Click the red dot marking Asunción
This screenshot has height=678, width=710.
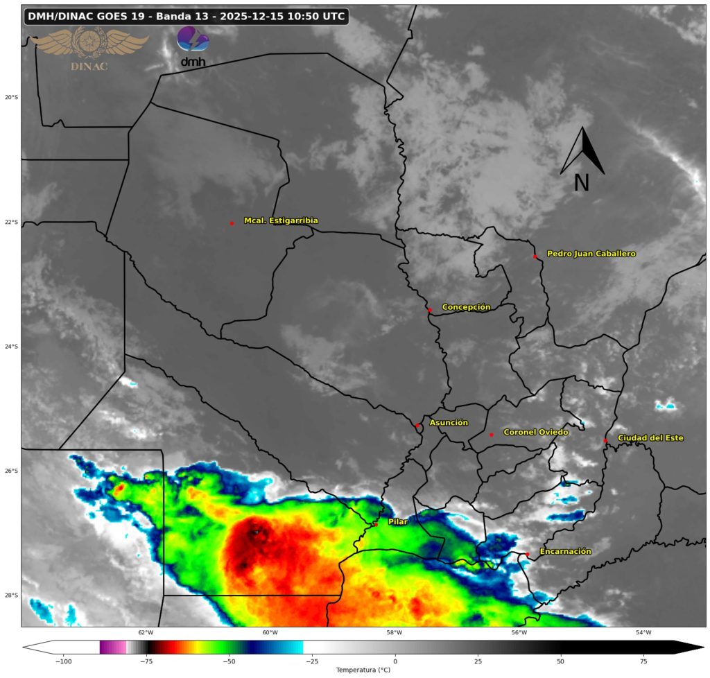[x=417, y=425]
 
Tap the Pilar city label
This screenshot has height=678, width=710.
[x=397, y=521]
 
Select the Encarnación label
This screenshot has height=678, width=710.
[x=565, y=551]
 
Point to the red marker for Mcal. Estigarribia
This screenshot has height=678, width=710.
[x=232, y=223]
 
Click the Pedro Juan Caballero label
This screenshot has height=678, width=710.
[x=591, y=254]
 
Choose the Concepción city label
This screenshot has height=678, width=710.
[x=466, y=306]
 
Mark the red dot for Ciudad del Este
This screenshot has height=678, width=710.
[x=605, y=440]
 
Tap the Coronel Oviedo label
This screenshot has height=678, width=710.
[x=535, y=432]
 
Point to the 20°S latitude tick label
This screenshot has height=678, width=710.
[x=11, y=97]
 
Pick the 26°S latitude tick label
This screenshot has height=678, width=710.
[x=11, y=471]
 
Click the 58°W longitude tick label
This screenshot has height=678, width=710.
[x=395, y=632]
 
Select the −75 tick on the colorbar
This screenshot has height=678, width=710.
[x=146, y=660]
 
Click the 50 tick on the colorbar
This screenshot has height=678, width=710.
[x=560, y=660]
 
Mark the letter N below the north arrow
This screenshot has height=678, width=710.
[x=582, y=182]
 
